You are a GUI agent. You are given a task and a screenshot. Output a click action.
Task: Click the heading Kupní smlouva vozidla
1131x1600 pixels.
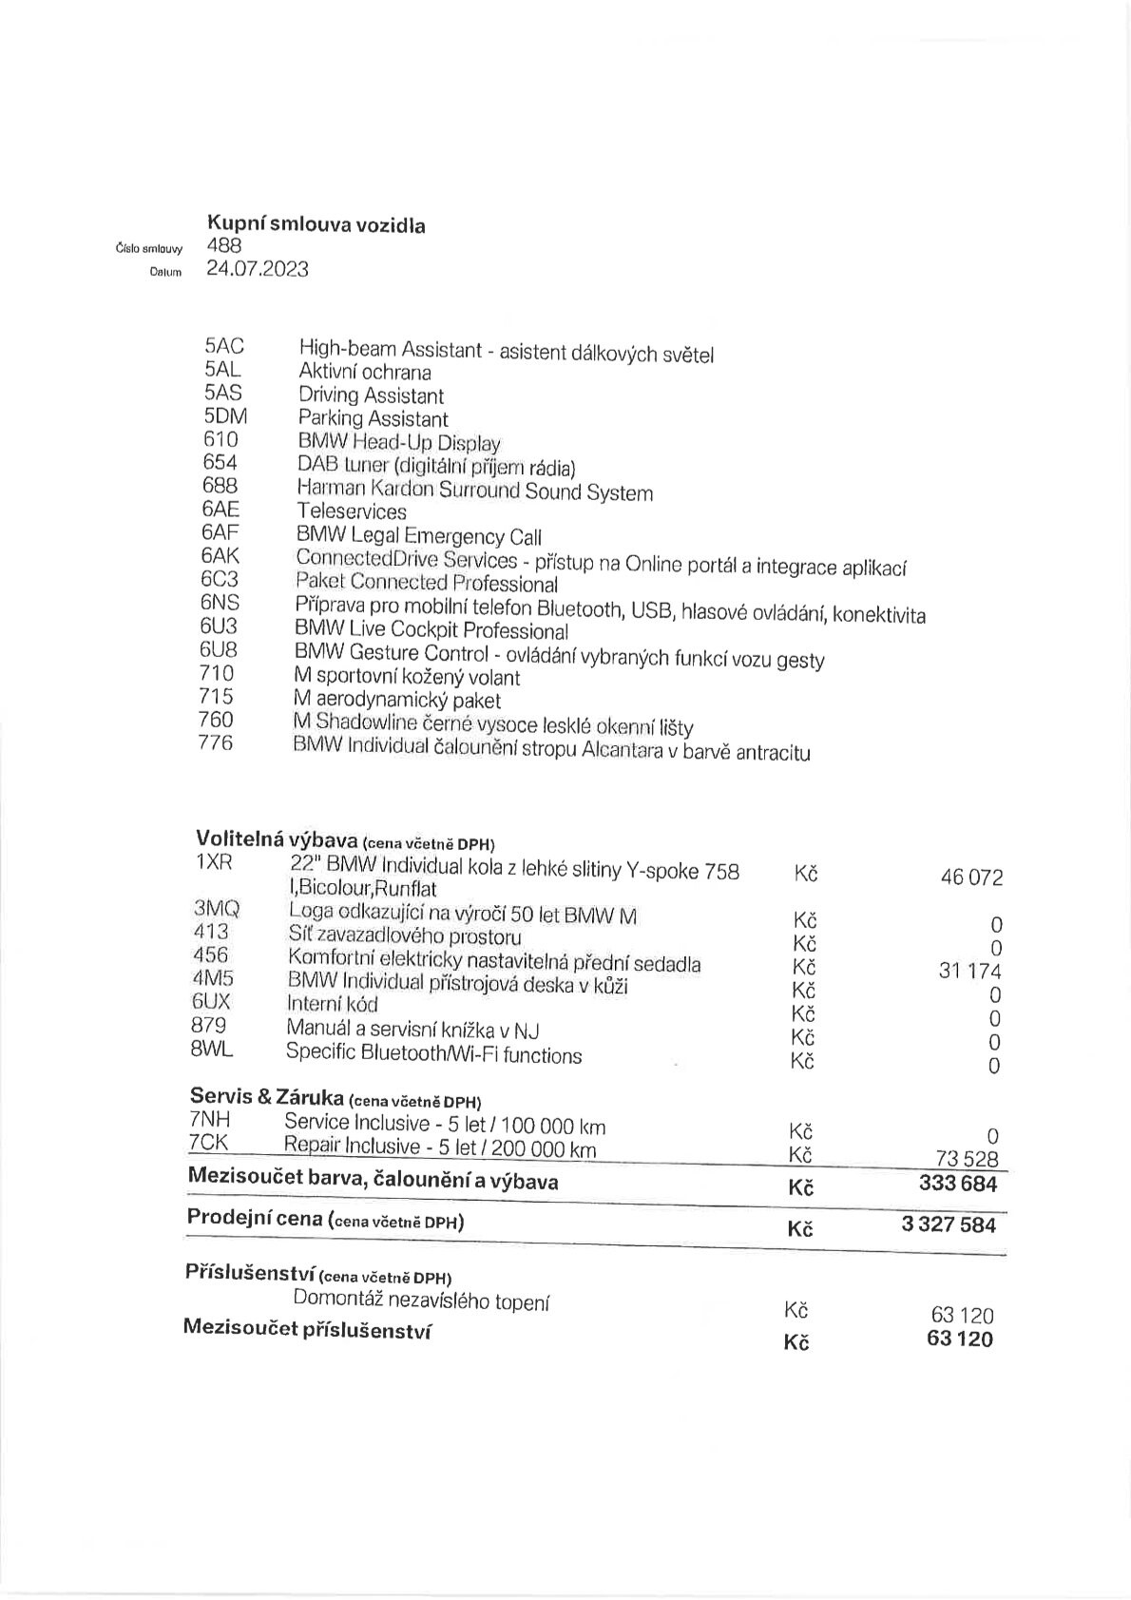(316, 225)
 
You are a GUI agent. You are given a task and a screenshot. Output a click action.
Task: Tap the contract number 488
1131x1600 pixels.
(223, 245)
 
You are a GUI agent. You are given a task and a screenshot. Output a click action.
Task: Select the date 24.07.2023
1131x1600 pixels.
(257, 269)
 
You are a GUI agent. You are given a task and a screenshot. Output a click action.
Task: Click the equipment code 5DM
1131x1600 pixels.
(224, 416)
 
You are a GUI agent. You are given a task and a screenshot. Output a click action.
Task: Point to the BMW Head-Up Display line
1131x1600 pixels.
(398, 442)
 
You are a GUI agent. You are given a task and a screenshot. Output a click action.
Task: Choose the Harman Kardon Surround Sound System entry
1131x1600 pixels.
(474, 491)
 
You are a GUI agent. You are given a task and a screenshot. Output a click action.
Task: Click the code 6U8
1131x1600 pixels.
(219, 650)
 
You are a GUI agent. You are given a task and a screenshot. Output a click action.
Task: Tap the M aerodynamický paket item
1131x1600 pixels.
(397, 701)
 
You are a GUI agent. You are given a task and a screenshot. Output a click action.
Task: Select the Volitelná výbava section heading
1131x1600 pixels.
(276, 839)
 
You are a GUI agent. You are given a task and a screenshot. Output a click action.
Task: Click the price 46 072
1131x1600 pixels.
(971, 877)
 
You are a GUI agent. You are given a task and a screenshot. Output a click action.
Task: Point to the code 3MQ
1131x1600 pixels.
(217, 909)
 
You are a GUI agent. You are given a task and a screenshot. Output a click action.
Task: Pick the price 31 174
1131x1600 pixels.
(969, 972)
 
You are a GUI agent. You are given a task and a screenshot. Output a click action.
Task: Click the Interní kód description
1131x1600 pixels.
(332, 1004)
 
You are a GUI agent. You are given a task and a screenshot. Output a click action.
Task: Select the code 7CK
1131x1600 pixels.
(208, 1144)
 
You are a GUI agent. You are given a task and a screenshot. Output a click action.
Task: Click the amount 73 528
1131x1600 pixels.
(968, 1158)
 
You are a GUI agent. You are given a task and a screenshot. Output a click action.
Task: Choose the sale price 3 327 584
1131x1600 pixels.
(949, 1224)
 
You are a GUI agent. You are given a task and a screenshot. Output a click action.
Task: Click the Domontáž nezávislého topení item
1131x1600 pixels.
(421, 1301)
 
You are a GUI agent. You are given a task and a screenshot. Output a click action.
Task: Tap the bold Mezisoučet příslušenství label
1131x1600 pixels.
(307, 1330)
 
